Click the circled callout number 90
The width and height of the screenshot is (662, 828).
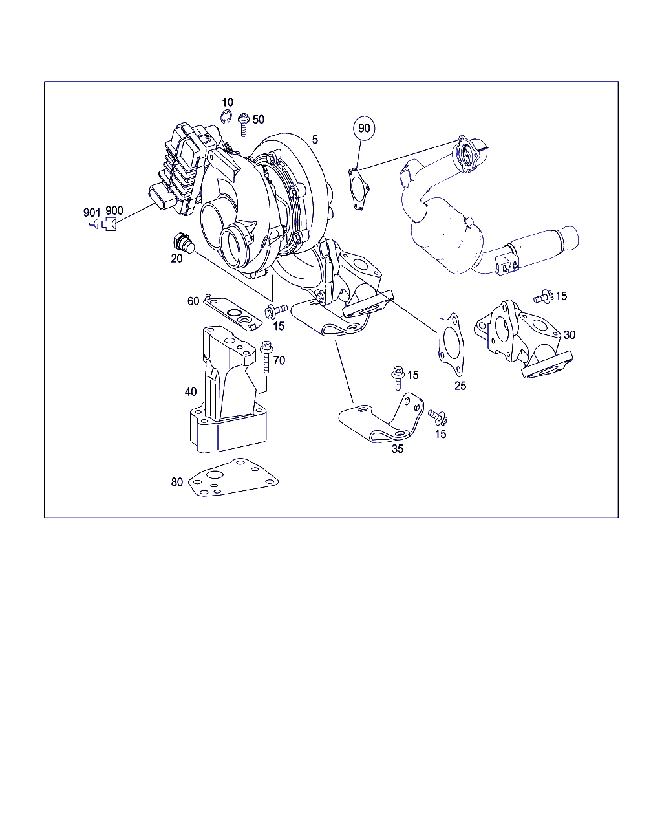pyautogui.click(x=363, y=128)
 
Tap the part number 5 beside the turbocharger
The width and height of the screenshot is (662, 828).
pyautogui.click(x=315, y=140)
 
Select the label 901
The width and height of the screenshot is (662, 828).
pyautogui.click(x=92, y=212)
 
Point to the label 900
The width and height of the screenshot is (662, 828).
pyautogui.click(x=114, y=210)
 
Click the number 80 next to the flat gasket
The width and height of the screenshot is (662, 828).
pyautogui.click(x=177, y=482)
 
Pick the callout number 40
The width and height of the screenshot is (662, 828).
pyautogui.click(x=191, y=392)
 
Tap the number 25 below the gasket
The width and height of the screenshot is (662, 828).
pyautogui.click(x=460, y=386)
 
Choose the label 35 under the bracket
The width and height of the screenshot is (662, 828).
pyautogui.click(x=398, y=449)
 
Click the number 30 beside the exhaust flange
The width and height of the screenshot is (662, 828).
pyautogui.click(x=570, y=334)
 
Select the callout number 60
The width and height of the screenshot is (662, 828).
pyautogui.click(x=193, y=301)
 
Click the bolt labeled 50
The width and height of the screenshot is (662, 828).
pyautogui.click(x=244, y=125)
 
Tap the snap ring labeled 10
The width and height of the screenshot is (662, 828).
pyautogui.click(x=226, y=116)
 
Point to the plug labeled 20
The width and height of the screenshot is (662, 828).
pyautogui.click(x=184, y=243)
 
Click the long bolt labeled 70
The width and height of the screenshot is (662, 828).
pyautogui.click(x=266, y=356)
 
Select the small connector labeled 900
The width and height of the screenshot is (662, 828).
pyautogui.click(x=110, y=224)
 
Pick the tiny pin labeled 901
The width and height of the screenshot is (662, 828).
pyautogui.click(x=94, y=223)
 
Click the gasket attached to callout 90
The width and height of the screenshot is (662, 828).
pyautogui.click(x=359, y=189)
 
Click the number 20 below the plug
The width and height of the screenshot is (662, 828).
pyautogui.click(x=176, y=259)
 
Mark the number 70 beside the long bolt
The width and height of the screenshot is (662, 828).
pyautogui.click(x=279, y=360)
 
